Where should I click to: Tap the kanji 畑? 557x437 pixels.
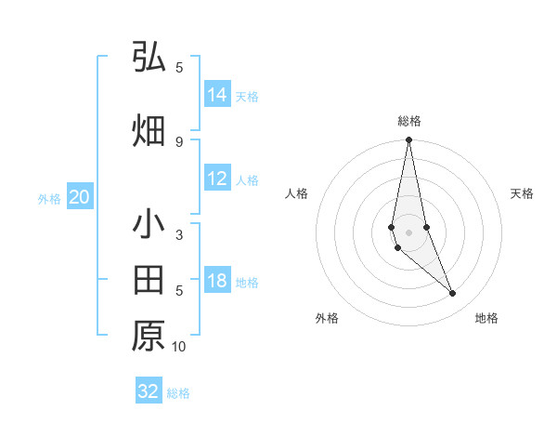point(149,130)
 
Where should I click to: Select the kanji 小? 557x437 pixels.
point(149,225)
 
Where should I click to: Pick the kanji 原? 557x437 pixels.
point(149,336)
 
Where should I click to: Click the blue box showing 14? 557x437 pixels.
point(217,95)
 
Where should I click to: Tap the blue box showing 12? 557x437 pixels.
point(217,179)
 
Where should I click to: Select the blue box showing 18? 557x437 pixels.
point(217,282)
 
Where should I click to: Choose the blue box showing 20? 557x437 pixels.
point(79,197)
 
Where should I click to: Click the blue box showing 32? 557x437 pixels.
point(149,391)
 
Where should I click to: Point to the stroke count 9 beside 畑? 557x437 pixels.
point(179,141)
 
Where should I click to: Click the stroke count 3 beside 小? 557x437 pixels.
point(179,236)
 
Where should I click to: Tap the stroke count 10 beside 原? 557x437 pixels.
point(179,347)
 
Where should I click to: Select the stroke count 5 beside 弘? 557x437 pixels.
point(179,67)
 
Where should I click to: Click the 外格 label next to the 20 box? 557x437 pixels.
point(49,198)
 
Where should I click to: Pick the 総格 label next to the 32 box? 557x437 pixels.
point(178,393)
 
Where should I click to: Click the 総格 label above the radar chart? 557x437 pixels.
point(409,121)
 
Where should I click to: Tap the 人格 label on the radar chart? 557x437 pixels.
point(297,193)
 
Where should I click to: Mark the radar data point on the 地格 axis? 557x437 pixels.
point(453,294)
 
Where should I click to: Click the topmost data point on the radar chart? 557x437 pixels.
point(408,140)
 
